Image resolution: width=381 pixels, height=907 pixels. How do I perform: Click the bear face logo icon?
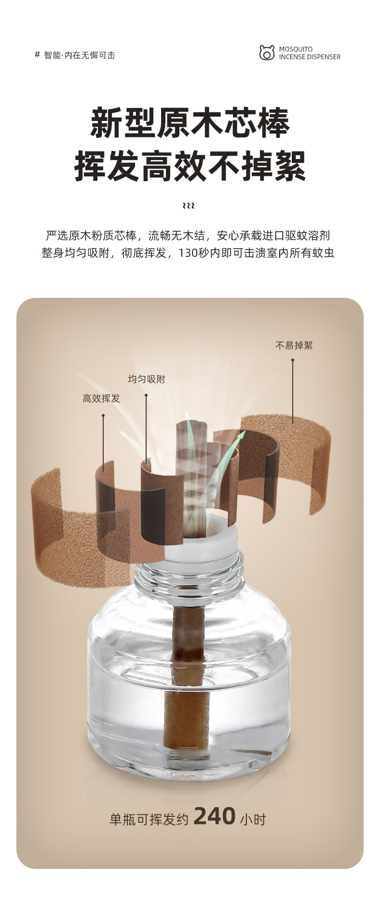click(x=267, y=53)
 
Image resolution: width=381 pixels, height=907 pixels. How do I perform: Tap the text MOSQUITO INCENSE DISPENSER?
click(x=310, y=53)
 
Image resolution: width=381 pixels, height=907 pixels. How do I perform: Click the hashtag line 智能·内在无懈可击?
click(x=75, y=55)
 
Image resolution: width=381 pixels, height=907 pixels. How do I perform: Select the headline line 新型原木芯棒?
click(x=190, y=123)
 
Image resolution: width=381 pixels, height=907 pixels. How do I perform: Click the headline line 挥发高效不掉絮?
click(x=190, y=166)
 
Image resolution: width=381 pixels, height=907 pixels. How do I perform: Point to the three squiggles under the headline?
click(x=189, y=206)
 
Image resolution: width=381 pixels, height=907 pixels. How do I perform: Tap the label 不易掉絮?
click(x=294, y=346)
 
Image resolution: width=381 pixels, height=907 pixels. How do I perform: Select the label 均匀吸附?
click(x=147, y=379)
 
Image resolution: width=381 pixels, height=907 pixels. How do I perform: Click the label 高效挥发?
click(x=101, y=399)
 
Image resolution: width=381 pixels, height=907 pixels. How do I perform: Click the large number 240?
click(x=215, y=816)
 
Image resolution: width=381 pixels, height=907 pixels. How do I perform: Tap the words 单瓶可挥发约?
click(x=149, y=819)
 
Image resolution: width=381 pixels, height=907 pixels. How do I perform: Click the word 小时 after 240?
click(x=253, y=819)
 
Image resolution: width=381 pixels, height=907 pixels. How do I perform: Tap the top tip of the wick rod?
click(x=191, y=423)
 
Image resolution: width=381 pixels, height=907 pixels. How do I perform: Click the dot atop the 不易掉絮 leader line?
click(x=293, y=360)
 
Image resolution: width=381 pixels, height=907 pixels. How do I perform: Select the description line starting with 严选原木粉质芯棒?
click(x=188, y=236)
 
